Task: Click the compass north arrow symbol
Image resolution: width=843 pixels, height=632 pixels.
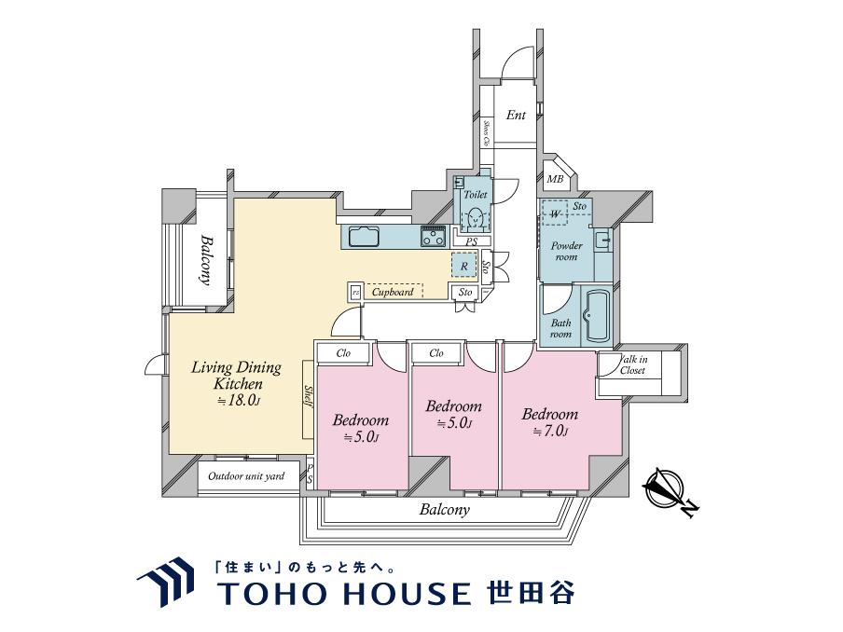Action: pyautogui.click(x=665, y=489)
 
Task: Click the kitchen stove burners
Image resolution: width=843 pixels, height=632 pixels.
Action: pyautogui.click(x=433, y=237)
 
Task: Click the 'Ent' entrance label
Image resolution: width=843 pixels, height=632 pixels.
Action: pyautogui.click(x=516, y=116)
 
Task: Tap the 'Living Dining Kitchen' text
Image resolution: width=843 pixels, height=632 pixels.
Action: pyautogui.click(x=235, y=375)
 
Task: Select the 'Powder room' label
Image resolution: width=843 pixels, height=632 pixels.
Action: pyautogui.click(x=566, y=252)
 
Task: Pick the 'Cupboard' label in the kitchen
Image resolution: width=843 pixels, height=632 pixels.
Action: pyautogui.click(x=393, y=292)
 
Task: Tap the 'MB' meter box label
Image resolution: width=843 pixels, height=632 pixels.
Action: pyautogui.click(x=555, y=179)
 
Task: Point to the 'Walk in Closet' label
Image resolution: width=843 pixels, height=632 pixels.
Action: pyautogui.click(x=632, y=364)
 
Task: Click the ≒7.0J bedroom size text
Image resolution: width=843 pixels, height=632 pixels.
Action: pyautogui.click(x=550, y=431)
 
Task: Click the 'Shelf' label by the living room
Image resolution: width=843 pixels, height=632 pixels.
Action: pyautogui.click(x=307, y=401)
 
